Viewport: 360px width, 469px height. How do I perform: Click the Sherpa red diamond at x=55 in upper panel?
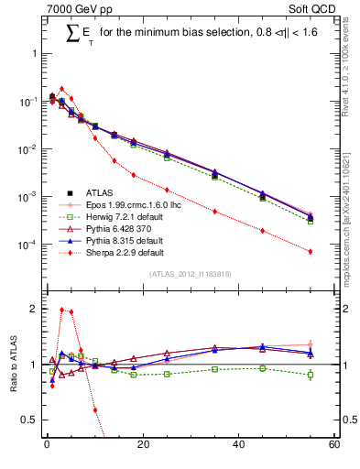tap(311, 251)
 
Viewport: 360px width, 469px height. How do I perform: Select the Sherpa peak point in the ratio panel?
tap(61, 310)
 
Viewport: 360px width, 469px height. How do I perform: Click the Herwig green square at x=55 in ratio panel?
tap(311, 375)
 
